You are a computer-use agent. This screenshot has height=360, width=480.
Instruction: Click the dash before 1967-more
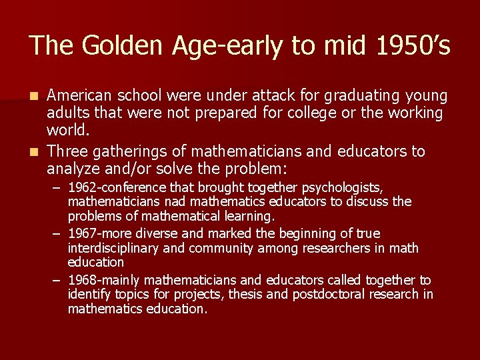point(57,234)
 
